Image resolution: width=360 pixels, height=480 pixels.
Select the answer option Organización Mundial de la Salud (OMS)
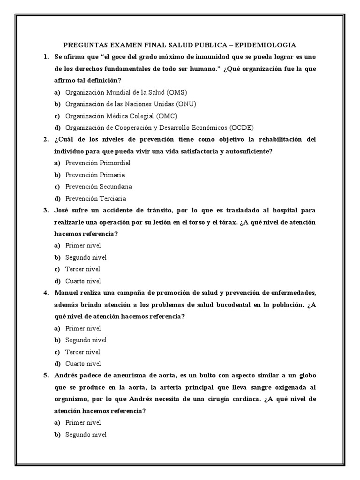126,92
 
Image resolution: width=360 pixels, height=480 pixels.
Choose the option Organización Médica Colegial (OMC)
121,116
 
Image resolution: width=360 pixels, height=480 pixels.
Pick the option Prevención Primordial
97,163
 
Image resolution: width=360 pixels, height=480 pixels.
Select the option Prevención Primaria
95,175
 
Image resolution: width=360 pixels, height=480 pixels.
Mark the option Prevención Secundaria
98,187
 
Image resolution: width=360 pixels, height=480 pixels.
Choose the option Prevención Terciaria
96,198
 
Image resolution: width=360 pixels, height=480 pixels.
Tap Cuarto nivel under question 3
83,281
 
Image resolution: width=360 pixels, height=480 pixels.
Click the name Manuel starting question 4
67,293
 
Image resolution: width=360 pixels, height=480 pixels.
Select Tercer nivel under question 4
82,352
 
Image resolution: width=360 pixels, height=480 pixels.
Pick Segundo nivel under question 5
86,435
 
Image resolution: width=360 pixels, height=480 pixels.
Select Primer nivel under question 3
83,246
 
